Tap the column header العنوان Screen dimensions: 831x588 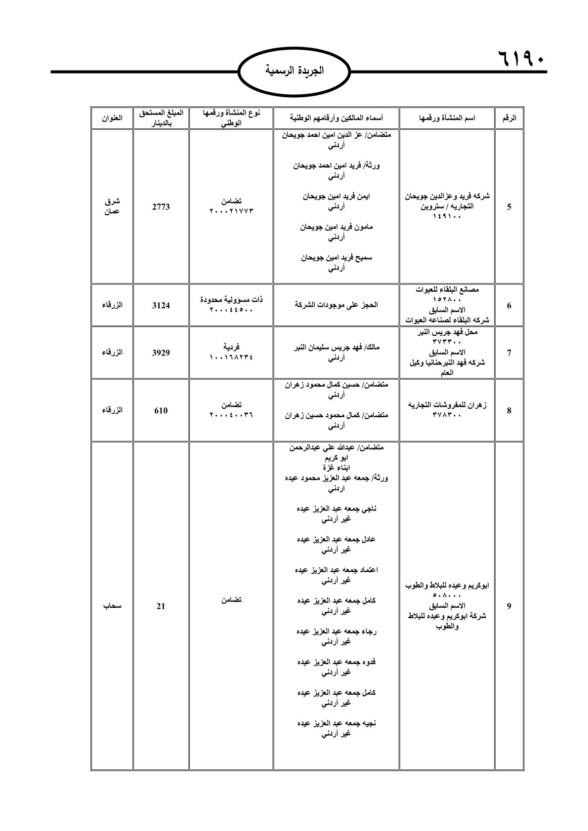click(112, 119)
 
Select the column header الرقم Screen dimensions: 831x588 click(509, 119)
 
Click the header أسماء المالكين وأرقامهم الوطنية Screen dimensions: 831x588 click(336, 119)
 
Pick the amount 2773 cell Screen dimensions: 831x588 click(161, 207)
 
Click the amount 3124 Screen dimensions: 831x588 click(161, 305)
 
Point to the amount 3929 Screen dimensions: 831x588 click(161, 353)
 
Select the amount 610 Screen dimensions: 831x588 click(161, 410)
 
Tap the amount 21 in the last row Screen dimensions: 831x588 click(161, 606)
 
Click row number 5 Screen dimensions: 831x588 click(509, 207)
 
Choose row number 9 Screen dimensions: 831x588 click(509, 606)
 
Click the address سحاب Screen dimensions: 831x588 click(112, 606)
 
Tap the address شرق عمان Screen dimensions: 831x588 click(112, 207)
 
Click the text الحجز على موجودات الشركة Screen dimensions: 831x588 click(336, 305)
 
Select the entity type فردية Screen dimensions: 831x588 click(231, 347)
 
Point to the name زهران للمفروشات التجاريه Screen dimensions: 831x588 click(448, 405)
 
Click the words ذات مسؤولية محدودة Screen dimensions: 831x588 click(231, 300)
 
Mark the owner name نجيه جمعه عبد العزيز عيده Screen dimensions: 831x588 click(336, 723)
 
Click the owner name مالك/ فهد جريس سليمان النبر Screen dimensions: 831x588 click(336, 348)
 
